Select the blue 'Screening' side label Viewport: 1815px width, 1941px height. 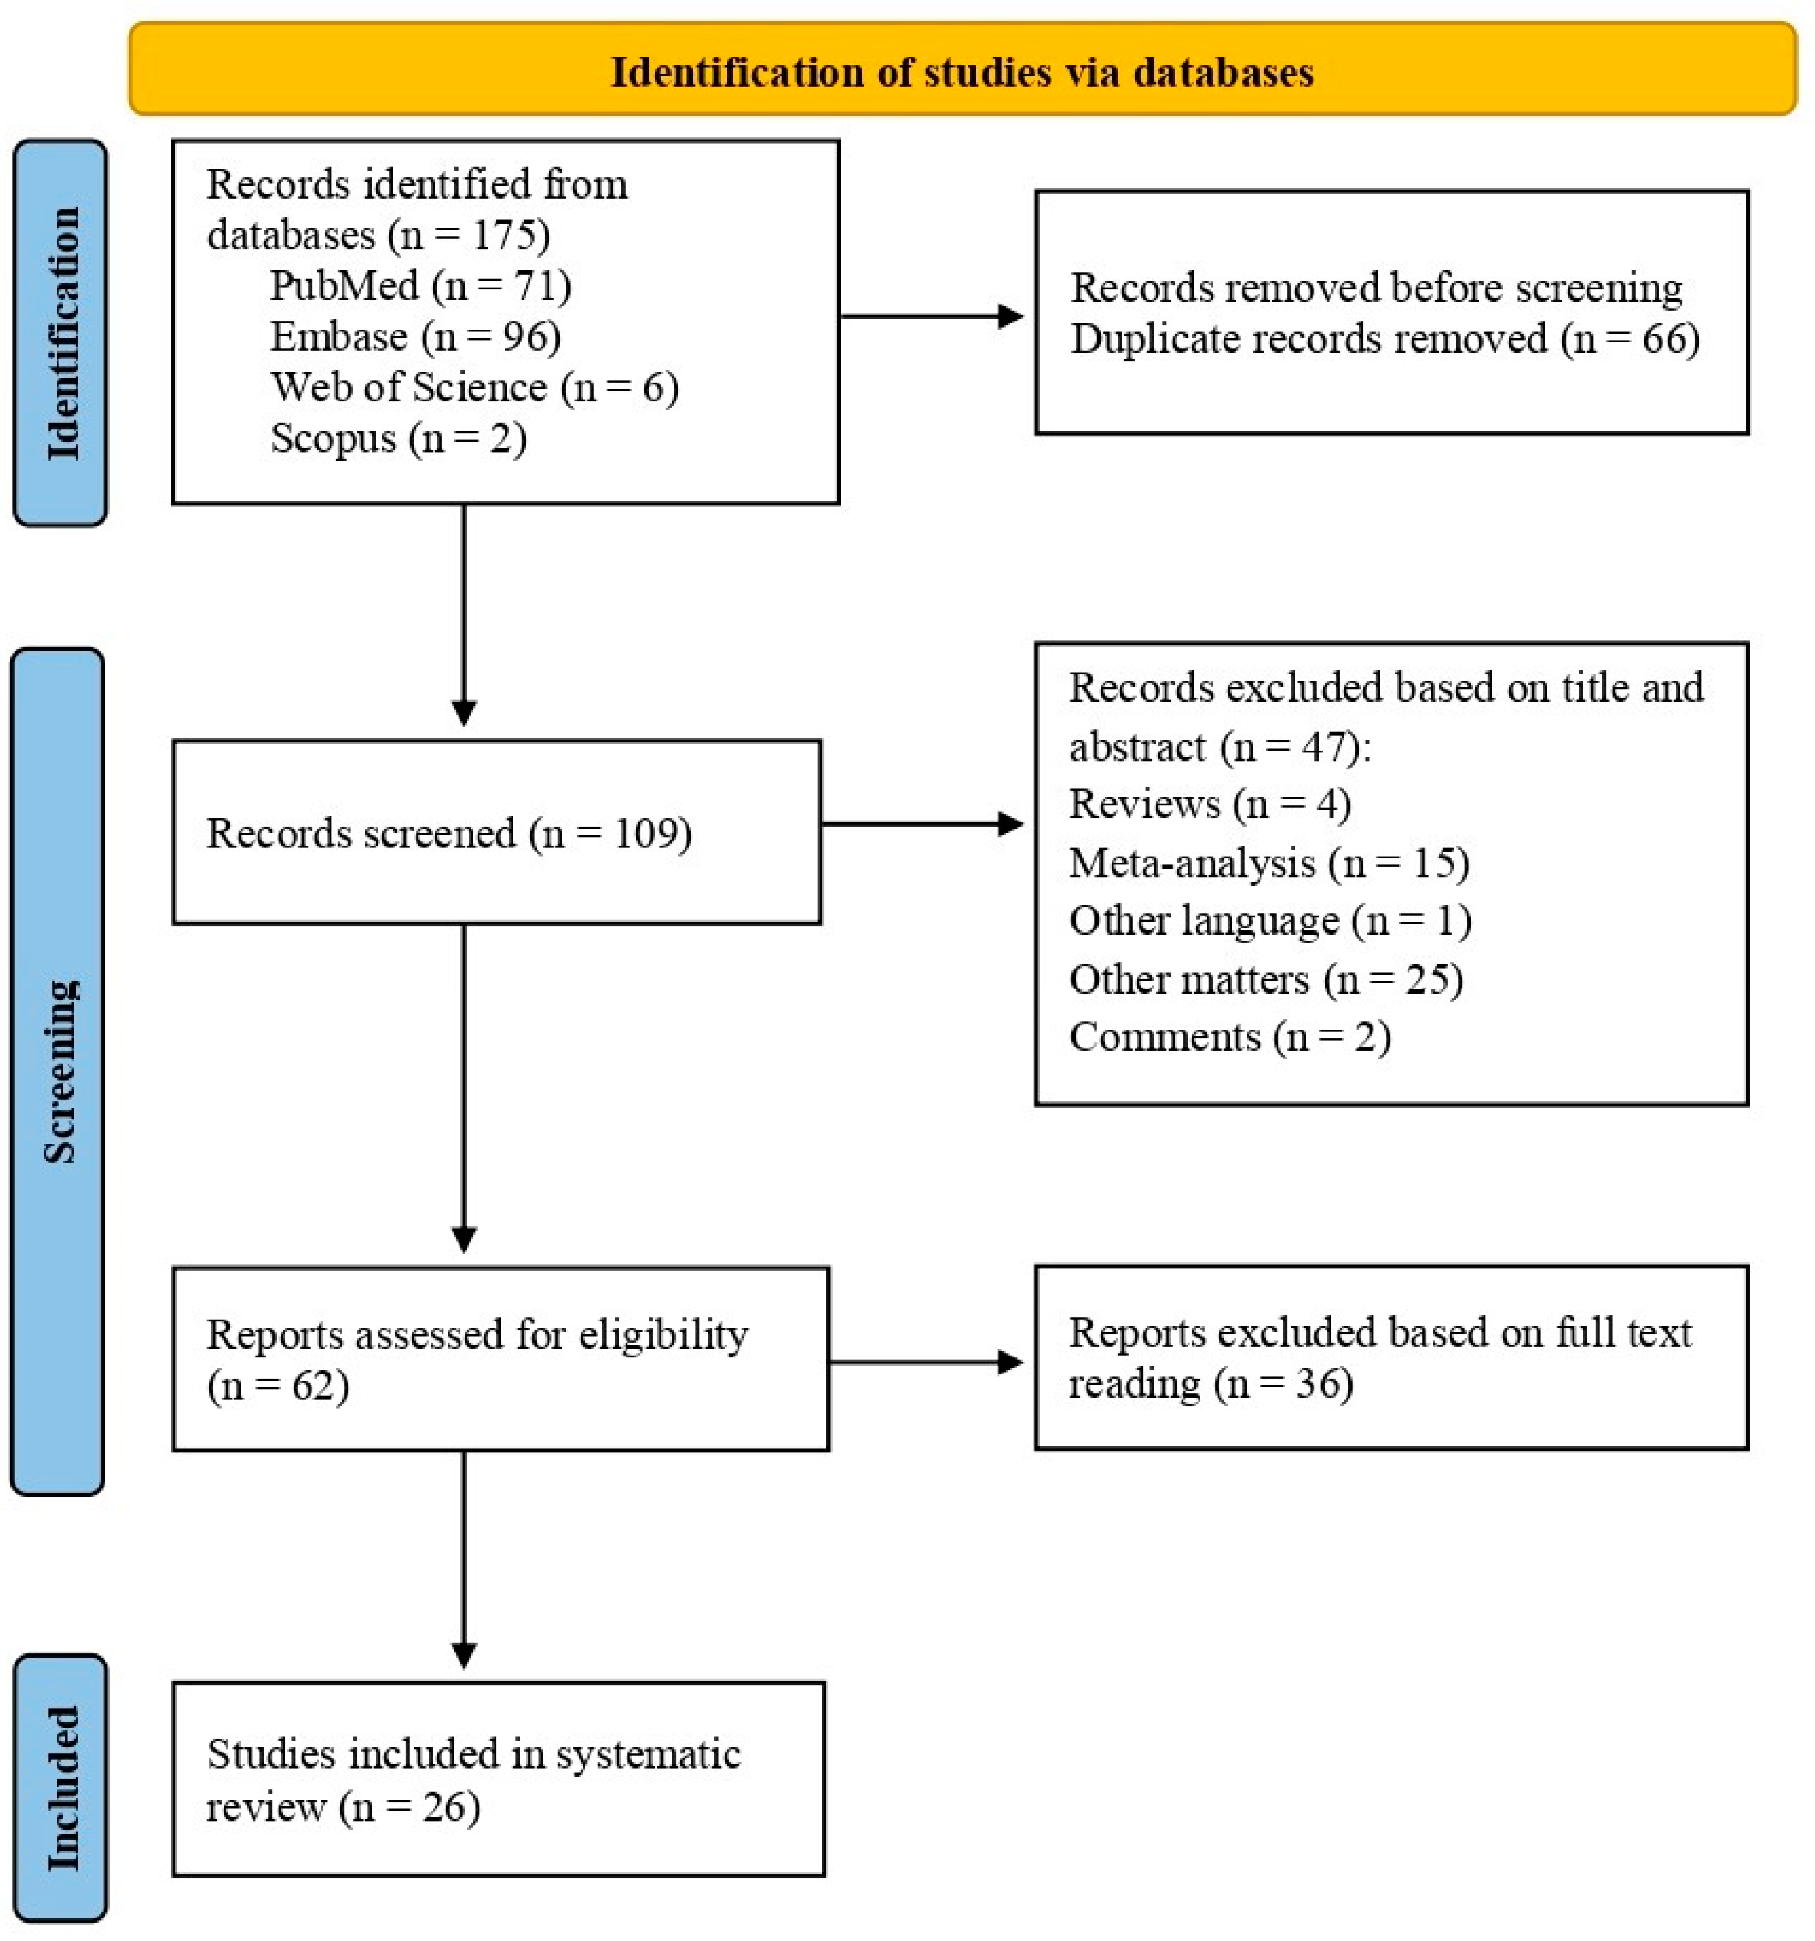click(x=58, y=1071)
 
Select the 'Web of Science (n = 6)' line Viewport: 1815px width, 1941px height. click(x=473, y=387)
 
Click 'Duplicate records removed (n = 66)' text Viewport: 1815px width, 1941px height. click(x=1384, y=339)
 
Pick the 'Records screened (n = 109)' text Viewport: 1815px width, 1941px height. click(x=449, y=833)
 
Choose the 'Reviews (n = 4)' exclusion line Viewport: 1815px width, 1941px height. click(x=1210, y=804)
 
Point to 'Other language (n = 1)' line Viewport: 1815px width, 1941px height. click(x=1269, y=920)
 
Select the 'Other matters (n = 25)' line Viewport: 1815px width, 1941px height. click(x=1266, y=978)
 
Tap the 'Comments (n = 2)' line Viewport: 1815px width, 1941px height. click(x=1229, y=1036)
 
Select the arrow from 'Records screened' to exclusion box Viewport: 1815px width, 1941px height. click(x=921, y=824)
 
